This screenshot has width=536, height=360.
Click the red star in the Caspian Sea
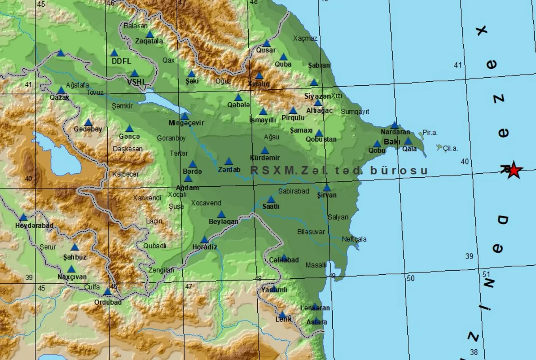[x=514, y=170]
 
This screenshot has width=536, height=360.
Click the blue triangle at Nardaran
[x=394, y=126]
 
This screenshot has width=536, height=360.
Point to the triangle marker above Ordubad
[x=107, y=292]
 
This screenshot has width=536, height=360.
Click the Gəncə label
[x=130, y=136]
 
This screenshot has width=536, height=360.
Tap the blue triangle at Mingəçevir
[x=184, y=116]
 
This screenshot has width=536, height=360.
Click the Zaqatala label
[x=149, y=41]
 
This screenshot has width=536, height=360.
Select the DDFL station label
[x=120, y=61]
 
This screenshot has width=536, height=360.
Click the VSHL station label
[x=136, y=82]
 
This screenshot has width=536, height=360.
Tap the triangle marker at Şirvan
[x=327, y=188]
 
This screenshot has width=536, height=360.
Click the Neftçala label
[x=354, y=239]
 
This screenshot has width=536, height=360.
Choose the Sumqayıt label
[x=355, y=111]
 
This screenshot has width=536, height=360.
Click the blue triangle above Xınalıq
[x=259, y=76]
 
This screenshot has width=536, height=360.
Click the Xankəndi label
[x=147, y=197]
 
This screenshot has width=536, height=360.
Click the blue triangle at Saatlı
[x=271, y=200]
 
